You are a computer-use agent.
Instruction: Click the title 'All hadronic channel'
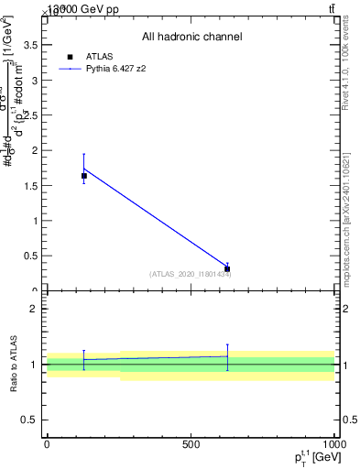(x=191, y=38)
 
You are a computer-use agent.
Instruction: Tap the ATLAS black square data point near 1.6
(x=83, y=176)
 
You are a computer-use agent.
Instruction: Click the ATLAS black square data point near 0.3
(x=227, y=269)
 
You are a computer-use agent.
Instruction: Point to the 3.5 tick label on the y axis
(x=31, y=44)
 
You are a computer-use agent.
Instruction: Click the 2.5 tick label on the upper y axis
(x=31, y=115)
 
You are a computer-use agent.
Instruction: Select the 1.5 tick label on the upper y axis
(x=31, y=185)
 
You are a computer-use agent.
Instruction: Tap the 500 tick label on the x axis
(x=191, y=444)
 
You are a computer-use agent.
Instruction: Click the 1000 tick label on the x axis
(x=333, y=444)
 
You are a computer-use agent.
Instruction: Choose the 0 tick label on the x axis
(x=47, y=444)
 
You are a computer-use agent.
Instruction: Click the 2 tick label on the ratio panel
(x=36, y=309)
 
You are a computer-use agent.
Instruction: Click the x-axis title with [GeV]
(x=314, y=456)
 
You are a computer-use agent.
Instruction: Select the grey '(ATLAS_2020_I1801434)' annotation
(x=191, y=274)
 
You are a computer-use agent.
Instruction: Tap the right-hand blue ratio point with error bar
(x=227, y=356)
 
